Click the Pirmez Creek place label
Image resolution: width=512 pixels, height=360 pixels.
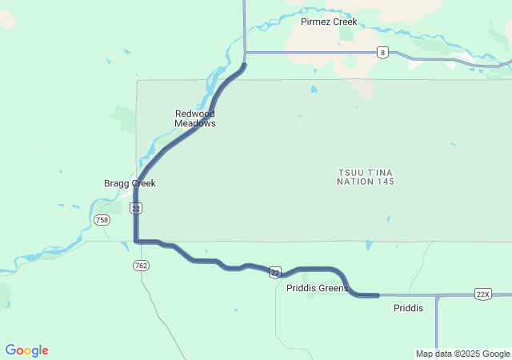click(x=329, y=22)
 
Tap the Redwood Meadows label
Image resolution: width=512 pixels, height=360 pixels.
click(x=195, y=118)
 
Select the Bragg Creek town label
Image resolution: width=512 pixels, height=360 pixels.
click(x=130, y=183)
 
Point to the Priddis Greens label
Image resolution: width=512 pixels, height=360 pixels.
click(x=317, y=289)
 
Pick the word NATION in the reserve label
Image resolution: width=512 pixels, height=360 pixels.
click(x=354, y=182)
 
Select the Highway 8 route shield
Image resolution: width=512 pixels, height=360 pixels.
click(x=383, y=53)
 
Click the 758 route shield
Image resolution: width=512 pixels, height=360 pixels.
click(x=102, y=219)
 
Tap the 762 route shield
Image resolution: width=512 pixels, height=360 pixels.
click(x=142, y=265)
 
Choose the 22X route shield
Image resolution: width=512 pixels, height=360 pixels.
click(x=482, y=294)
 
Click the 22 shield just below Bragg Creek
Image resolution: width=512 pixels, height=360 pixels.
click(x=137, y=208)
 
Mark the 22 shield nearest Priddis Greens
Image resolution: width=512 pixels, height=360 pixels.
click(x=274, y=272)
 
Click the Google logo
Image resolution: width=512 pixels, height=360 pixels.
click(x=26, y=350)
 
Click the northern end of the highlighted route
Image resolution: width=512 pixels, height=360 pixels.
click(x=244, y=65)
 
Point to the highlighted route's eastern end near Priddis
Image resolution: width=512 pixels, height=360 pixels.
click(x=376, y=296)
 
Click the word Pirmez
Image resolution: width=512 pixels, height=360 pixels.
click(x=315, y=22)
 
